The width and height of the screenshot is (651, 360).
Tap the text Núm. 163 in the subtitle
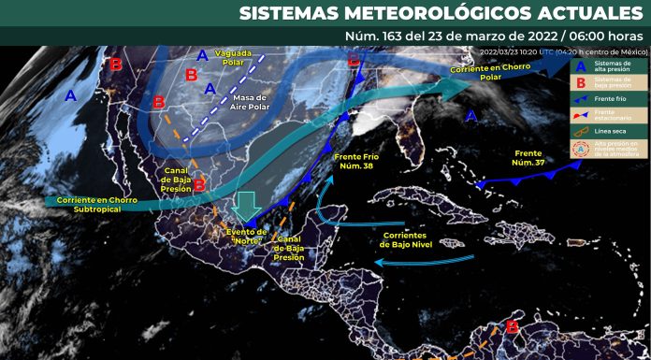point(370,36)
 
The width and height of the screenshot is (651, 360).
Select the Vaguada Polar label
point(234,58)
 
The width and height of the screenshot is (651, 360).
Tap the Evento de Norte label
point(248,235)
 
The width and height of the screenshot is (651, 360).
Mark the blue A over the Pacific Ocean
point(71,95)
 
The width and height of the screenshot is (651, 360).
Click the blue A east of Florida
point(471,115)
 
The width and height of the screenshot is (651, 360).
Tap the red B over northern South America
point(512,327)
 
